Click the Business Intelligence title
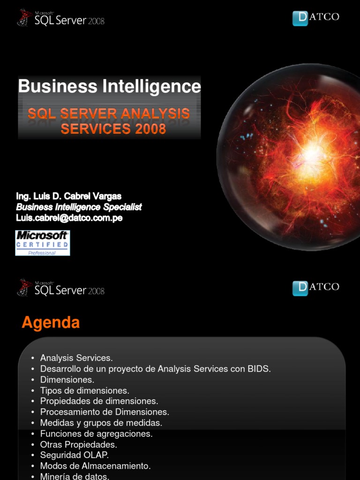[x=109, y=86]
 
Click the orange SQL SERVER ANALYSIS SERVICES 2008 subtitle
[x=109, y=121]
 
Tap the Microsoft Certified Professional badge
[x=42, y=242]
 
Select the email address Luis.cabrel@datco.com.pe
[x=69, y=218]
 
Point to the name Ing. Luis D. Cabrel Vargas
[x=69, y=196]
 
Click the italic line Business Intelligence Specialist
[x=79, y=207]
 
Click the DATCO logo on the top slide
[x=315, y=18]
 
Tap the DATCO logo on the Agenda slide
[x=315, y=287]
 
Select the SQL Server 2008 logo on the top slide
[x=60, y=18]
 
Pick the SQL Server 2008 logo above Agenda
[x=60, y=287]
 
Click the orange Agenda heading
[x=51, y=322]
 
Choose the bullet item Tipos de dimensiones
[x=84, y=390]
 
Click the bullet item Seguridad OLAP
[x=75, y=455]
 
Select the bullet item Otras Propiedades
[x=78, y=444]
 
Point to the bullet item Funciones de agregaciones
[x=96, y=434]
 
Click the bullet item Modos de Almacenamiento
[x=95, y=466]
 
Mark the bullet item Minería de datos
[x=75, y=476]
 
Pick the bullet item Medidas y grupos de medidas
[x=101, y=423]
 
